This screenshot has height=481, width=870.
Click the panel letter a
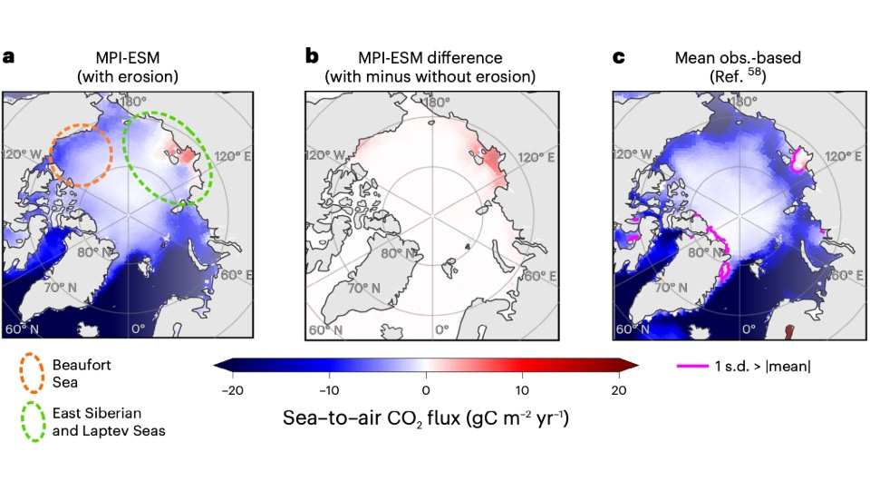point(9,56)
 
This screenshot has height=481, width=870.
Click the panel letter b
point(312,56)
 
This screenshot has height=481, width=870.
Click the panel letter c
point(619,56)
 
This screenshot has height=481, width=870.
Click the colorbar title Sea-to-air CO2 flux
point(425,420)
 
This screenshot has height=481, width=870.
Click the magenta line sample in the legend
point(692,366)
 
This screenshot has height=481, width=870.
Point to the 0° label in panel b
point(440,329)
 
